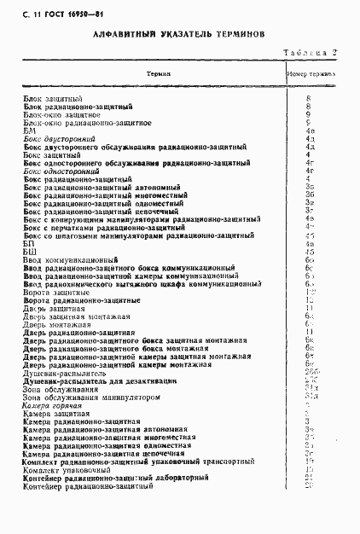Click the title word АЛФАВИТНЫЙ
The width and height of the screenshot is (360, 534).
point(120,37)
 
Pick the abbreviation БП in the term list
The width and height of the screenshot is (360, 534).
point(29,243)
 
